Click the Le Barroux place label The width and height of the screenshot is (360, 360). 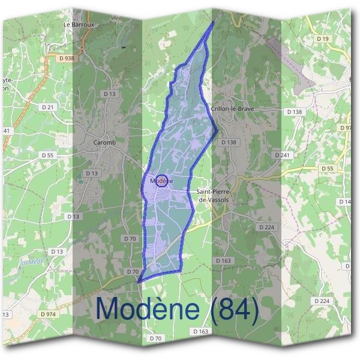point(79,25)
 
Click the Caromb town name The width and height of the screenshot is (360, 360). point(105,142)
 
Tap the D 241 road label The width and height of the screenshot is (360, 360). point(282,155)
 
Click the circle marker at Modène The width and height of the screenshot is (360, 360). point(161,181)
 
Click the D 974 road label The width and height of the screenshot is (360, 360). point(47,314)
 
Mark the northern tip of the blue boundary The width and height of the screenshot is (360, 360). point(214,22)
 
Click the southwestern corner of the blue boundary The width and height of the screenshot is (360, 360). point(139,281)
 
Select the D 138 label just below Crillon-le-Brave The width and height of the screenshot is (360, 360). point(229,142)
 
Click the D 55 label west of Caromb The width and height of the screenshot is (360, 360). point(49,155)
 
